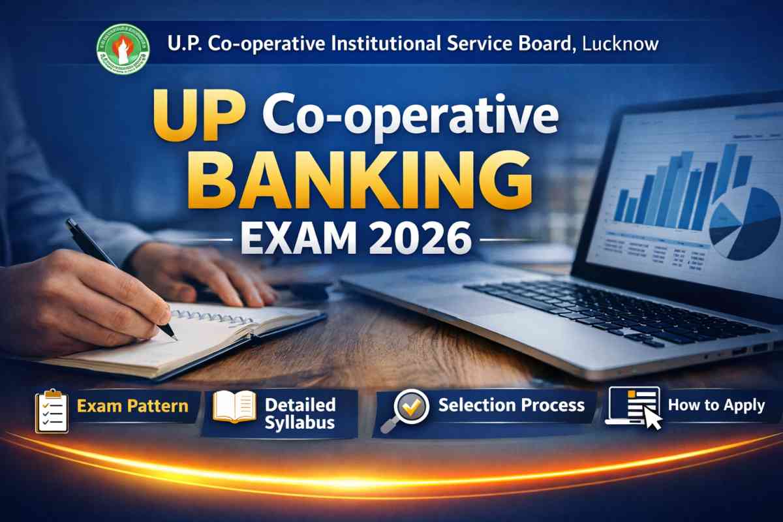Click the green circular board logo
click(x=123, y=48)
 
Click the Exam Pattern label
click(x=132, y=407)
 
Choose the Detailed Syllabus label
click(x=300, y=413)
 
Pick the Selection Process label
click(x=511, y=405)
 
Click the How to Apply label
click(x=716, y=405)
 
